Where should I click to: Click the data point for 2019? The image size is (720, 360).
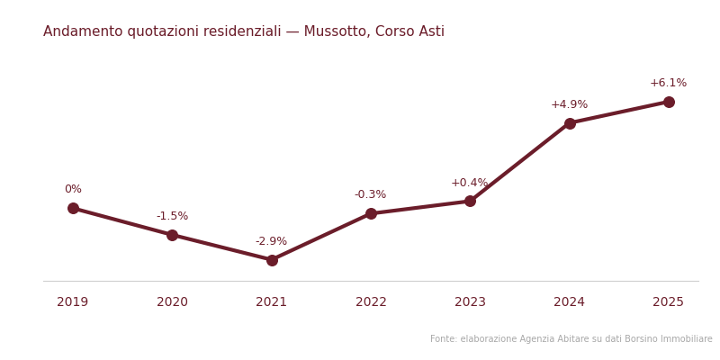[73, 208]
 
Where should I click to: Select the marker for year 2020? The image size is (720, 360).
[172, 235]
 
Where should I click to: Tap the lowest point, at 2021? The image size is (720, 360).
[272, 260]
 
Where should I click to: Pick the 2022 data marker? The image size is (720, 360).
[371, 213]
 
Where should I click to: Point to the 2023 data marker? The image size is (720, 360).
[470, 201]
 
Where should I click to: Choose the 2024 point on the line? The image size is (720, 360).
[570, 123]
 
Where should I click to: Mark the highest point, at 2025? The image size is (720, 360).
[669, 102]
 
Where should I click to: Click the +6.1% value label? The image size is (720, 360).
[668, 83]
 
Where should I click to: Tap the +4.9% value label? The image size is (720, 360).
[569, 104]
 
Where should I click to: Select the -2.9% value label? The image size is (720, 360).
[271, 241]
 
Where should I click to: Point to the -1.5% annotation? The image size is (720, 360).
[172, 216]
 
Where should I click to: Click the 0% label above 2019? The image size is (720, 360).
[73, 189]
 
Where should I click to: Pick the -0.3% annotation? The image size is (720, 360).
[370, 194]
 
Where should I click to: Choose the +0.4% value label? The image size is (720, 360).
[469, 183]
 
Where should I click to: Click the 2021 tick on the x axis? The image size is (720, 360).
[272, 302]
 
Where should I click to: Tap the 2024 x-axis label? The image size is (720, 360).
[570, 302]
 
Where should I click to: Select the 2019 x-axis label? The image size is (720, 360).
[73, 302]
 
